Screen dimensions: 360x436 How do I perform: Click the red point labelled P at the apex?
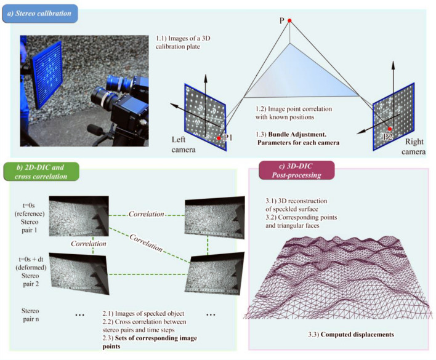289,22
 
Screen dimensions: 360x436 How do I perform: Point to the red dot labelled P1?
219,138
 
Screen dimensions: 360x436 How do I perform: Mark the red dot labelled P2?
389,129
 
